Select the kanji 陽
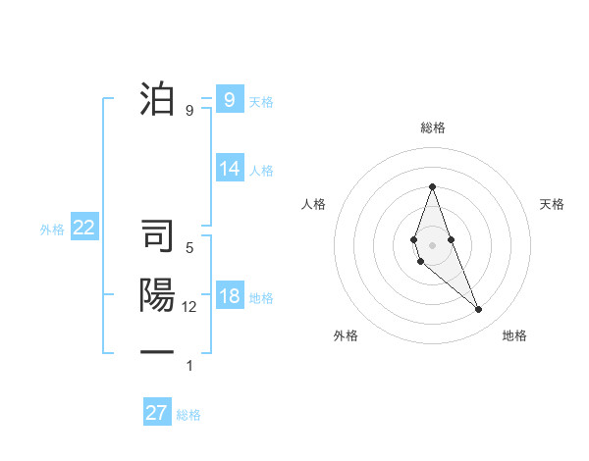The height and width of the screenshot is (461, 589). click(158, 296)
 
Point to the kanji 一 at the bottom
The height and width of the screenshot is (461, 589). click(158, 351)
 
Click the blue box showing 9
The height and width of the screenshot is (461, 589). click(229, 99)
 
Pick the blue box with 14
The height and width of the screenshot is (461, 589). click(230, 169)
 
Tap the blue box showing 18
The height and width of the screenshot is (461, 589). click(230, 297)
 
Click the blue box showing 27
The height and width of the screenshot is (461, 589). click(157, 413)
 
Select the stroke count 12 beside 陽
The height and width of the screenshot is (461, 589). click(189, 307)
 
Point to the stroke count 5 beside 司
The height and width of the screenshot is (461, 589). click(189, 248)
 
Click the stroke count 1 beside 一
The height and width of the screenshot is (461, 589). click(189, 366)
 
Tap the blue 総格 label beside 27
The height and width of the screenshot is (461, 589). click(188, 415)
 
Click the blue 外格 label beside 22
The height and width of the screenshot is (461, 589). click(52, 230)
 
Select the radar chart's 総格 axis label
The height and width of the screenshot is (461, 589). click(432, 128)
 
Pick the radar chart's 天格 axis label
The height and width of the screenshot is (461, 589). click(553, 204)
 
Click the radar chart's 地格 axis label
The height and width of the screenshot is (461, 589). click(514, 335)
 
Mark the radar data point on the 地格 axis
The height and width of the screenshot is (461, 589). click(478, 309)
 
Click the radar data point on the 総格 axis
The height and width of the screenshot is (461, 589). click(432, 186)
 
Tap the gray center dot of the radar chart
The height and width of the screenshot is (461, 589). click(432, 244)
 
